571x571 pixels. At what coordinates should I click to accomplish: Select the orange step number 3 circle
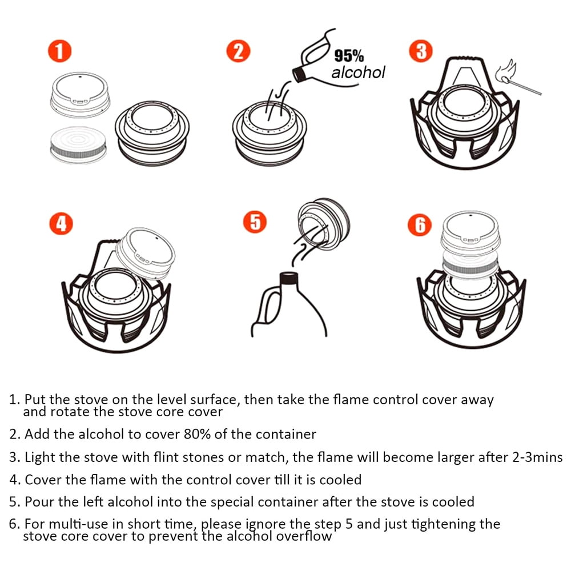421,51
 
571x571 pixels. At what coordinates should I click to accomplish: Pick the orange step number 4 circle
61,224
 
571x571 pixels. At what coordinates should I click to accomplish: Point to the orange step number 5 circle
255,222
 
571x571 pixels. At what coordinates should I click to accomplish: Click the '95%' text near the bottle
349,57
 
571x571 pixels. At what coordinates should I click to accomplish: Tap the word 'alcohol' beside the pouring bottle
358,73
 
